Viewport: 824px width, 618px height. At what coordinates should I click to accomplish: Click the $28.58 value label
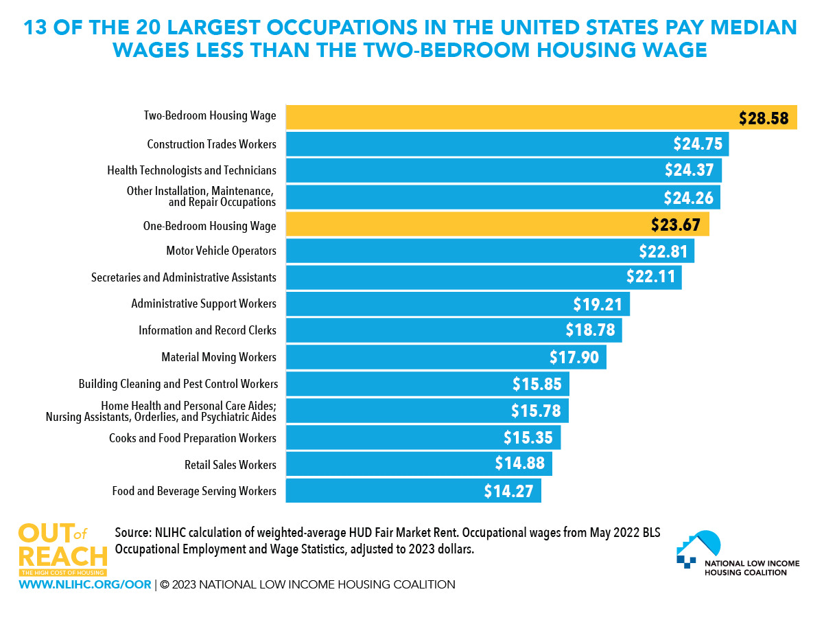764,118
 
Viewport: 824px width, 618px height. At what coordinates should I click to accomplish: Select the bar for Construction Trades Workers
480,144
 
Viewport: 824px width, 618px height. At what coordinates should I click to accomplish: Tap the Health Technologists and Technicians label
191,170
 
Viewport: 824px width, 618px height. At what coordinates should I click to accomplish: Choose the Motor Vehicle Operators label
221,251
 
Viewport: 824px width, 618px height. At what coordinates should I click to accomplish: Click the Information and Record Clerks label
207,330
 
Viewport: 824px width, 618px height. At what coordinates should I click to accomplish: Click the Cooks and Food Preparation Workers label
193,438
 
